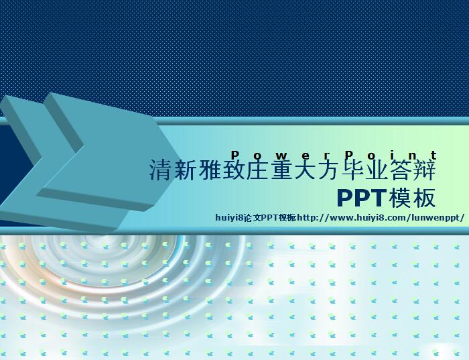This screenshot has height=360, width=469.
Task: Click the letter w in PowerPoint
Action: (281, 156)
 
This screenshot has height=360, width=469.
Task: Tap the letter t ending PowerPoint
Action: (434, 156)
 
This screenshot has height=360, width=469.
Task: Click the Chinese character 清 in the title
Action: (161, 170)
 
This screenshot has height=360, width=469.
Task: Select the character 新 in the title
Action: (185, 170)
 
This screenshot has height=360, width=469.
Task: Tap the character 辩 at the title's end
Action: (424, 170)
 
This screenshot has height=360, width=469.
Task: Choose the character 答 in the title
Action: (401, 170)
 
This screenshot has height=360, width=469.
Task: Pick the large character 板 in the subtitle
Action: (424, 198)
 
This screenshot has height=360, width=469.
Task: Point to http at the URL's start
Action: (306, 218)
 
